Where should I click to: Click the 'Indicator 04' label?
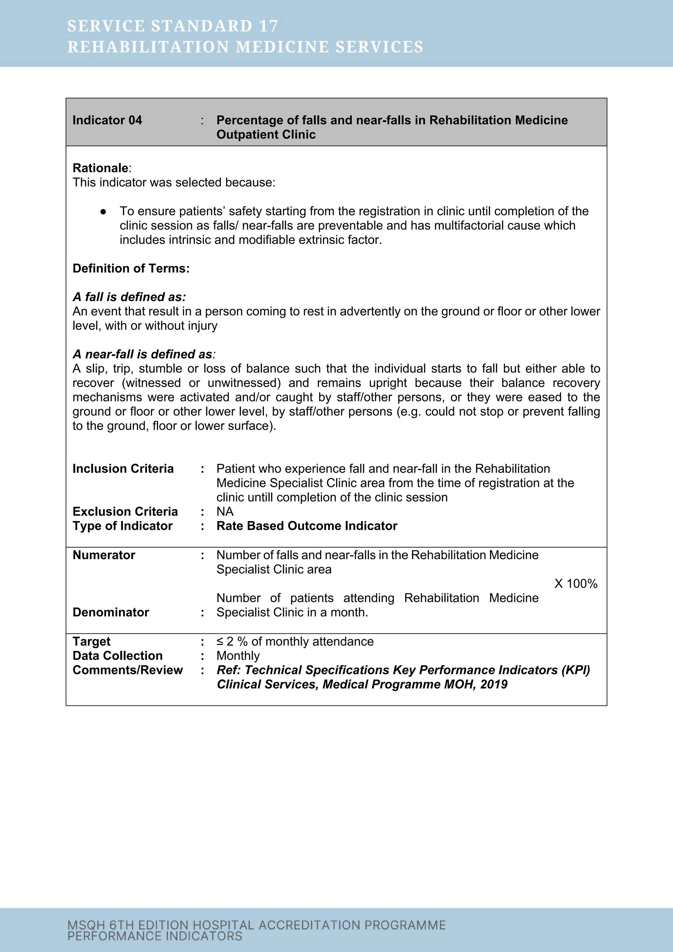coord(107,120)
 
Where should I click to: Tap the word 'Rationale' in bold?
coord(100,168)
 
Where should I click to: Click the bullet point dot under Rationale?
coord(103,211)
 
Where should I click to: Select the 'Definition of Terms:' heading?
coord(131,268)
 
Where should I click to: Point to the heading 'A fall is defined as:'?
coord(129,297)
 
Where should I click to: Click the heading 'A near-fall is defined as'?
coord(143,354)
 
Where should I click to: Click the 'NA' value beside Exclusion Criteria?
coord(225,511)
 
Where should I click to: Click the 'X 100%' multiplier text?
coord(576,583)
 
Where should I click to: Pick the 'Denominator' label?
coord(111,612)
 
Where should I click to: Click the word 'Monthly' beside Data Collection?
coord(238,655)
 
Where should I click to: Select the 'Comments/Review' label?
coord(128,670)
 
